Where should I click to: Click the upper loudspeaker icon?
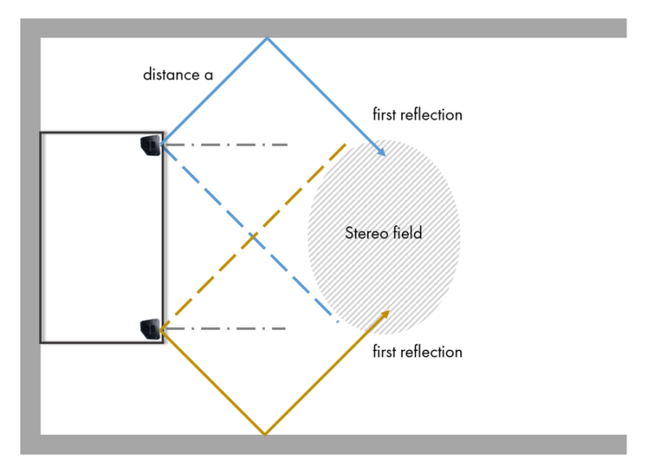click(x=151, y=146)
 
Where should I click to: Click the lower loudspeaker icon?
click(x=151, y=328)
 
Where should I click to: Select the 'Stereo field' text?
click(x=383, y=233)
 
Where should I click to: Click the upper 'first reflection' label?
click(x=417, y=114)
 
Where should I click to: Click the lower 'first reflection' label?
click(x=417, y=352)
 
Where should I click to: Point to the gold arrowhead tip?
click(x=390, y=310)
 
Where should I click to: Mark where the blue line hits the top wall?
click(x=266, y=38)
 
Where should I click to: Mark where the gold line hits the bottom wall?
click(x=265, y=435)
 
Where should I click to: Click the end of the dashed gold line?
click(x=347, y=144)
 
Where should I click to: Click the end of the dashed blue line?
click(x=338, y=322)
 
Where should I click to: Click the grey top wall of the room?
click(x=324, y=28)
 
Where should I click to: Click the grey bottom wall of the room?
click(x=324, y=445)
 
